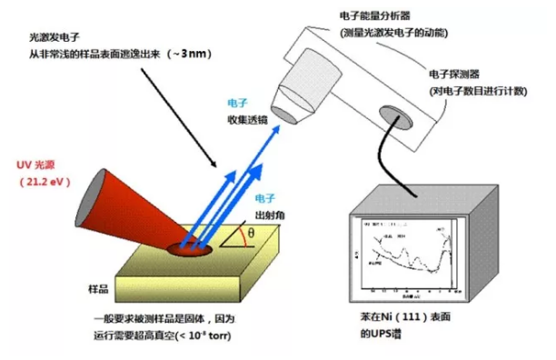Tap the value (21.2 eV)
(x=46, y=184)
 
